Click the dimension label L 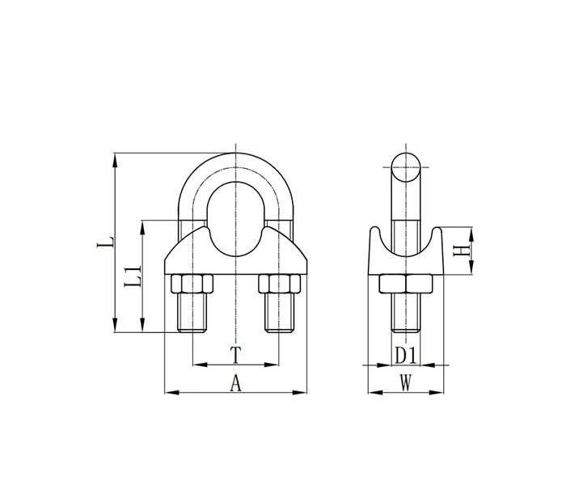point(105,242)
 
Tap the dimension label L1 point(133,276)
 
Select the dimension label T point(236,355)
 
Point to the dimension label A point(236,383)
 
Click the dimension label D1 point(406,356)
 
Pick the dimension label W point(406,383)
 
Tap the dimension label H point(462,251)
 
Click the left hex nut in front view point(192,284)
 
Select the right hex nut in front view point(280,284)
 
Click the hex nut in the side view point(406,284)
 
